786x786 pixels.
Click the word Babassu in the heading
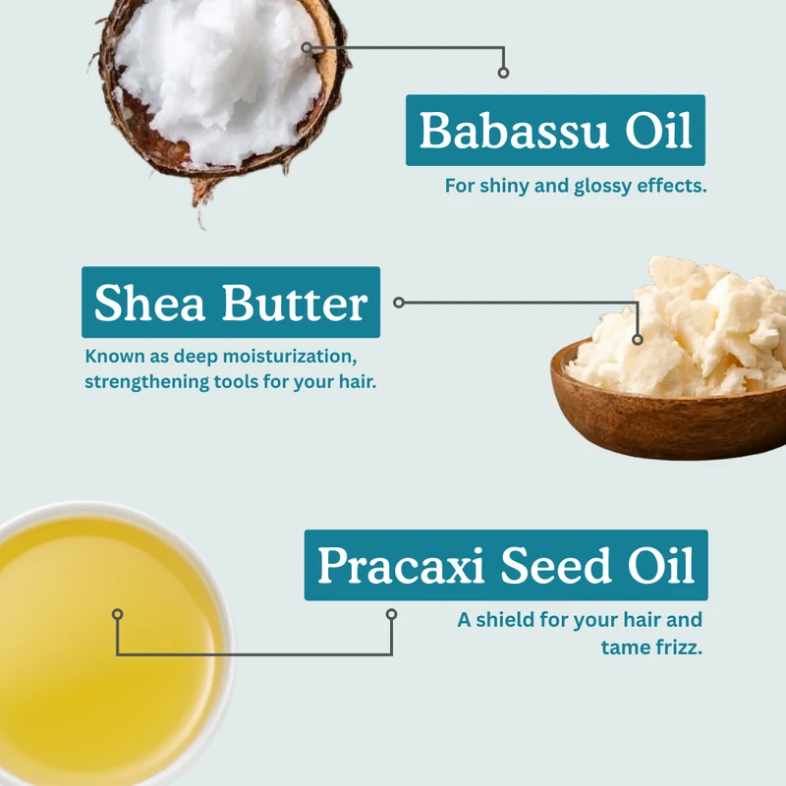coord(514,131)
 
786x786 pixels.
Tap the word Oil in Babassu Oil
coord(658,130)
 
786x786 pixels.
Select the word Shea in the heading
coord(149,302)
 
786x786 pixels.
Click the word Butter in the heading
coord(295,302)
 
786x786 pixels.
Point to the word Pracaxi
coord(401,565)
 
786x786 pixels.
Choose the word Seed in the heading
coord(555,565)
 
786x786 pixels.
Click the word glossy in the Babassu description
coord(602,187)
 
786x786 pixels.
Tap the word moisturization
coord(290,357)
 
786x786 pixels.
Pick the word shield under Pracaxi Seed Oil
coord(505,620)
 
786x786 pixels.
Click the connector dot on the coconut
coord(307,47)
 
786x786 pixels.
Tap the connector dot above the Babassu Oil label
coord(503,73)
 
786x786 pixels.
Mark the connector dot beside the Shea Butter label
coord(399,303)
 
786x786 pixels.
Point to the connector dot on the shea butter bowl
coord(637,339)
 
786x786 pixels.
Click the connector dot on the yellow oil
coord(117,614)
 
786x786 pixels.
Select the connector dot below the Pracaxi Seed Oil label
coord(391,614)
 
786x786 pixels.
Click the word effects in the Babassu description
coord(672,186)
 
